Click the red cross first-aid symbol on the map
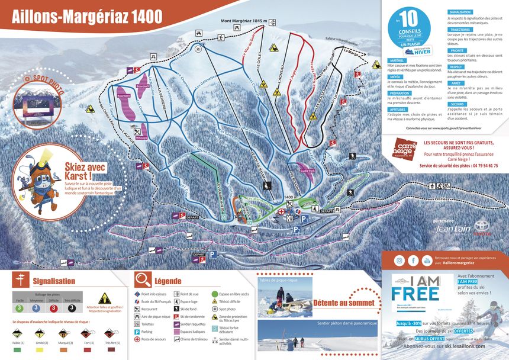click(282, 211)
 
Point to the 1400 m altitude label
click(289, 197)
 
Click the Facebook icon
click(413, 261)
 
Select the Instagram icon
click(400, 261)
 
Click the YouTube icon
click(427, 261)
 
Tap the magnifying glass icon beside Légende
click(143, 279)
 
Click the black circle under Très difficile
click(72, 308)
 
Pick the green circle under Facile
click(20, 308)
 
